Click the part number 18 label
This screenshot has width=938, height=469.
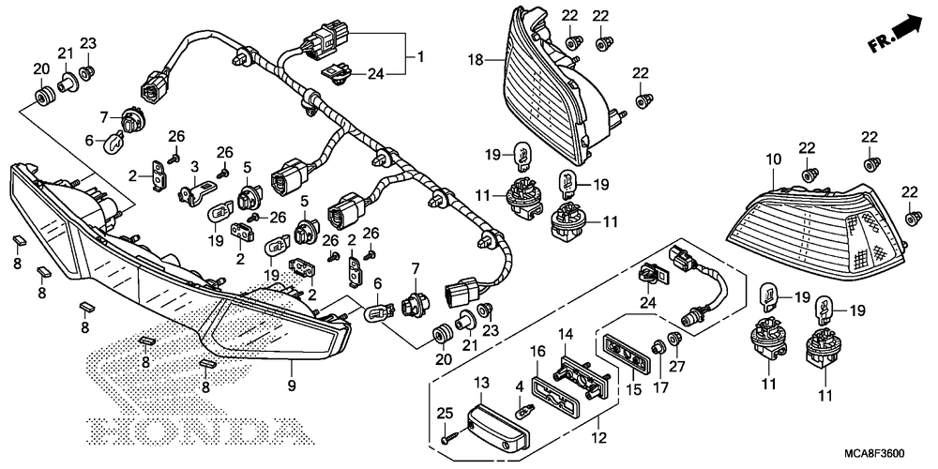(x=475, y=60)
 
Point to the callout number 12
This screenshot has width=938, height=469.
(x=599, y=437)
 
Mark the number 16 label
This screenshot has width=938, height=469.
(x=537, y=351)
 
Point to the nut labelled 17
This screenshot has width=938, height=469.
(x=659, y=346)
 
